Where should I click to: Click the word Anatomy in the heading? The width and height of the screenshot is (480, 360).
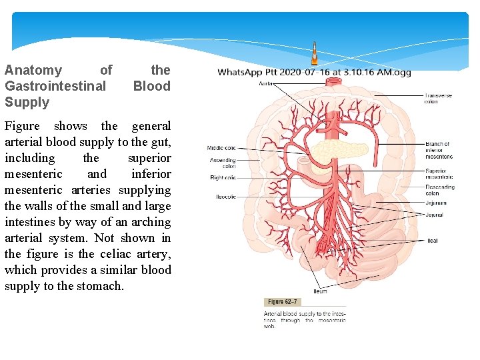coord(33,70)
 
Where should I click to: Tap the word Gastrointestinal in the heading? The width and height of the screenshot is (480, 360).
coord(55,86)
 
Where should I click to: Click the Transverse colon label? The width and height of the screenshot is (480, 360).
coord(438,99)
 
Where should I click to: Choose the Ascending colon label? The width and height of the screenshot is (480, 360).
coord(223,163)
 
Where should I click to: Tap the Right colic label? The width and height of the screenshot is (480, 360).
coord(223,178)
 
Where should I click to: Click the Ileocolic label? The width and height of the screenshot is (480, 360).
coord(225,197)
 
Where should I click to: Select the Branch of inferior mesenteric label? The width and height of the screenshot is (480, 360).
coord(438,150)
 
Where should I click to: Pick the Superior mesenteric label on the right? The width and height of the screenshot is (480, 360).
coord(439,173)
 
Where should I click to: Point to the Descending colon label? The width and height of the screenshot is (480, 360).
coord(440,190)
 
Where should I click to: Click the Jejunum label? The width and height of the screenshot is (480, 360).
coord(437,203)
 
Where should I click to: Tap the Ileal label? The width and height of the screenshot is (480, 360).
coord(433,241)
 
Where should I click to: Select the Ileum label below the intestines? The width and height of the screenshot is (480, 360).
coord(320,291)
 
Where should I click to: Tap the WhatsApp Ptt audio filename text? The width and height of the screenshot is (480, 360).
coord(314,72)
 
